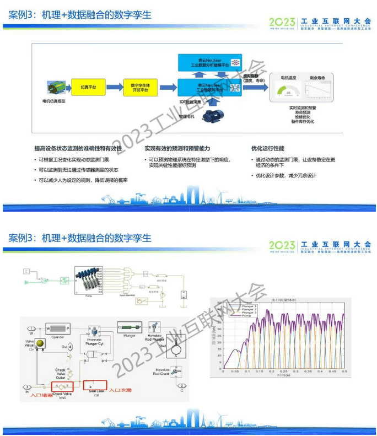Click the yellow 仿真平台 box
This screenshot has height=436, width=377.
88,87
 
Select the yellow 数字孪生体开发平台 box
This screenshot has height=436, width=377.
141,87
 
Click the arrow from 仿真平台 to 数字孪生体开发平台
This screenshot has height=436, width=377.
114,87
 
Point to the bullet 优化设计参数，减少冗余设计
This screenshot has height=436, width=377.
286,175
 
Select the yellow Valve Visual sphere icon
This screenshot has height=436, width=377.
40,342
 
